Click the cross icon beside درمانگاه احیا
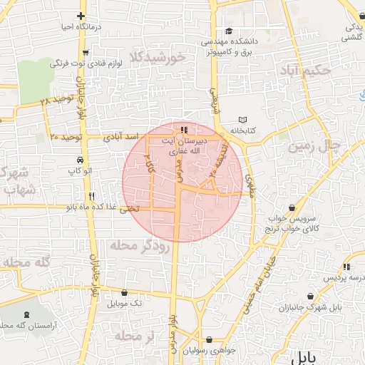82,15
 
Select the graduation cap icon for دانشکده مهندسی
228,31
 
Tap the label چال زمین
314,146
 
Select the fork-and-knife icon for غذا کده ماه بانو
91,196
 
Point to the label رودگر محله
139,246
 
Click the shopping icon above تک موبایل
125,292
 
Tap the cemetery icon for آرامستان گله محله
27,314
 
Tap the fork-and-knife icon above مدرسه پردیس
346,267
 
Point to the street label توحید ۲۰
68,135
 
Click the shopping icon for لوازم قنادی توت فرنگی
86,51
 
